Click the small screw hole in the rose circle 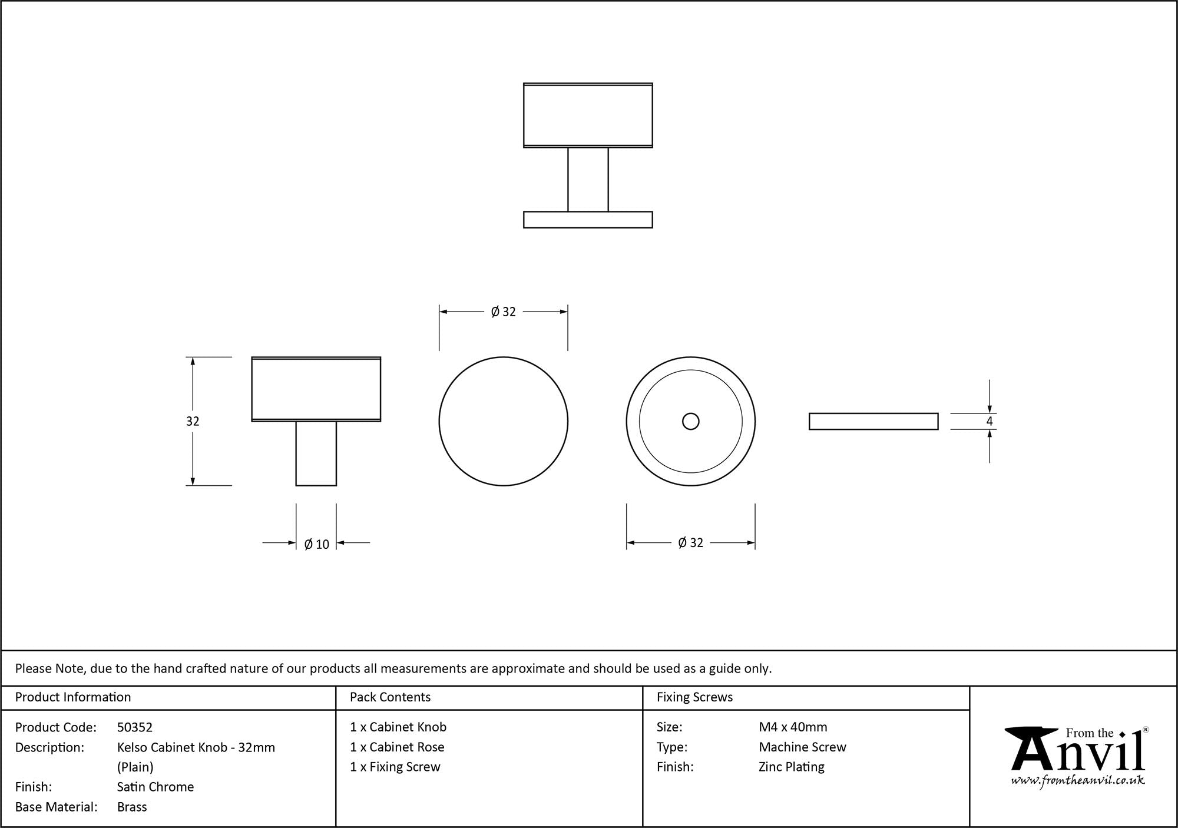coord(690,421)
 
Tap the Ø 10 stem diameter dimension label coord(317,544)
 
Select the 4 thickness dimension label coord(990,421)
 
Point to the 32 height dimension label coord(193,421)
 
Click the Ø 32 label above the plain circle coord(504,312)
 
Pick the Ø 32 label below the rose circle coord(691,542)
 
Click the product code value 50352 coord(135,727)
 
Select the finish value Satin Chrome coord(155,787)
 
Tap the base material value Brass coord(132,807)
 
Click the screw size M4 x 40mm coord(793,727)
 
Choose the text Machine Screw coord(802,747)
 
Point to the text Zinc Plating coord(792,767)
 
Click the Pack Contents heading coord(390,697)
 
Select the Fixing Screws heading coord(694,697)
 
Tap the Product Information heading coord(73,697)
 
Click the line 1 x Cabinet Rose coord(397,747)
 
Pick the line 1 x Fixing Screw coord(395,767)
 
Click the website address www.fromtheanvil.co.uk coord(1078,781)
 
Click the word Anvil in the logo coord(1078,753)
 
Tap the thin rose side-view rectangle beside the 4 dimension coord(873,421)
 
